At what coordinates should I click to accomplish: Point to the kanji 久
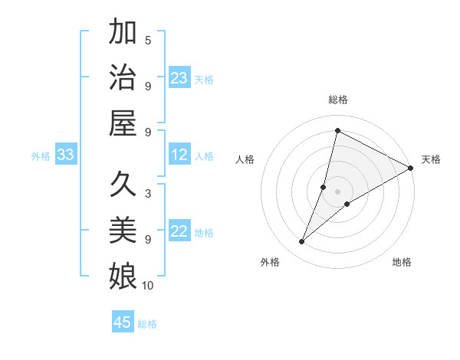(x=123, y=185)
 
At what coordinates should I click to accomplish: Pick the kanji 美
(x=123, y=230)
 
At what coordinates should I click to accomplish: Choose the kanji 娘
(x=123, y=276)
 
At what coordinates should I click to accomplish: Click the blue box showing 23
(x=179, y=78)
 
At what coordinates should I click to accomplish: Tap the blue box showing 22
(x=179, y=232)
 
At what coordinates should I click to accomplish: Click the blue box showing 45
(x=123, y=322)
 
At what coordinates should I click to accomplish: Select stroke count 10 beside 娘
(x=148, y=286)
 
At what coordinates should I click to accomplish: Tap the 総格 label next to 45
(x=147, y=324)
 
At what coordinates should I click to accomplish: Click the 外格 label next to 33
(x=41, y=156)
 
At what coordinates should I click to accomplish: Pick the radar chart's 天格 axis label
(x=431, y=159)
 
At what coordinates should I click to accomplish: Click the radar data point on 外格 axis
(x=302, y=242)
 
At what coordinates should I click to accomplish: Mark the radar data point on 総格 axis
(x=337, y=130)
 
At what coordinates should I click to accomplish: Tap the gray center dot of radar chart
(x=337, y=191)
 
